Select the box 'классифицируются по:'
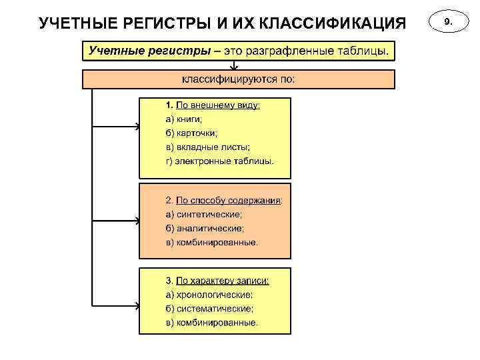[x=239, y=80]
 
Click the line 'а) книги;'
[x=184, y=119]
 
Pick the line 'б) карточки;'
[x=191, y=133]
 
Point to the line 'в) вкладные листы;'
[x=208, y=147]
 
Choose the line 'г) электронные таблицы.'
[x=219, y=161]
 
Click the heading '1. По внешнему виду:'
[x=213, y=105]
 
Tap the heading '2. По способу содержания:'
[x=224, y=200]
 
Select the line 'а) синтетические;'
[x=204, y=215]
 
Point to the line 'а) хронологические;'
[x=209, y=294]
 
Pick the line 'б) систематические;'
[x=209, y=309]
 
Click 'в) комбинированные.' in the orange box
[x=211, y=243]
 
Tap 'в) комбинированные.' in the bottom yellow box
[x=211, y=323]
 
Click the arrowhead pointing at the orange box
[x=137, y=219]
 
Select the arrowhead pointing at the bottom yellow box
[x=137, y=307]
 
